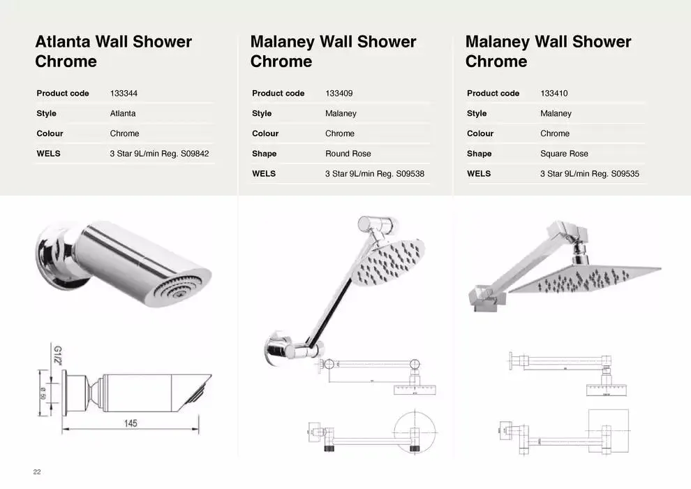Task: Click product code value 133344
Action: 124,93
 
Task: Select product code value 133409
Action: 339,93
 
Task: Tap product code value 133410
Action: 554,93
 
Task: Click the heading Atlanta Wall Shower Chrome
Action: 113,52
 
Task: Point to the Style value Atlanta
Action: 123,113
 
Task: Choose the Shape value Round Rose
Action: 348,154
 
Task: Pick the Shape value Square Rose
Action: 564,154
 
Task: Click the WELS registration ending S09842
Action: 159,154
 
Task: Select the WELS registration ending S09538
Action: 375,174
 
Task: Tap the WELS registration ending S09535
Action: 590,174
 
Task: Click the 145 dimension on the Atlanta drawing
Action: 131,423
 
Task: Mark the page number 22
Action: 37,472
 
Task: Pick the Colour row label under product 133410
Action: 480,133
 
